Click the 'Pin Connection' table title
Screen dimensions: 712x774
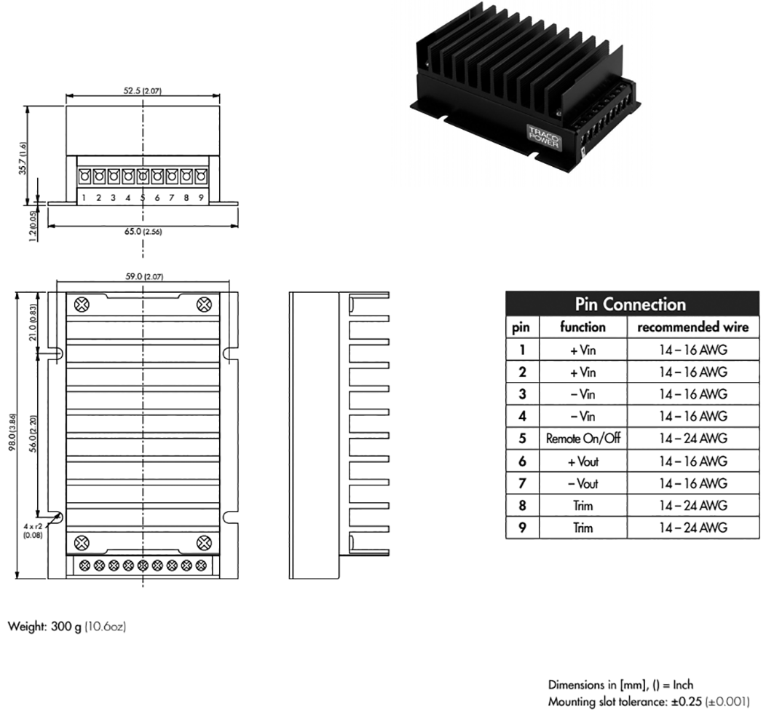(x=630, y=305)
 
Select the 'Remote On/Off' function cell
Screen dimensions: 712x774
(x=583, y=439)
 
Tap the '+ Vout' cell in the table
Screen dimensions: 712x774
(x=583, y=461)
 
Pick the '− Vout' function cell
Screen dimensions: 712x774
(x=583, y=483)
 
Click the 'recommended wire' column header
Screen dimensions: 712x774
(x=692, y=327)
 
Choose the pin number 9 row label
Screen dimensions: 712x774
(x=522, y=528)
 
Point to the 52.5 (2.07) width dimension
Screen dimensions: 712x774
(x=142, y=90)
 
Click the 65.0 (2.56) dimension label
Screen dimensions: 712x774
(x=142, y=231)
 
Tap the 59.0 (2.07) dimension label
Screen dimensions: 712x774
(x=142, y=277)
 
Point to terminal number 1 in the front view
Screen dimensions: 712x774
(x=84, y=197)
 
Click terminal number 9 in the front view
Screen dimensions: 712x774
(x=200, y=197)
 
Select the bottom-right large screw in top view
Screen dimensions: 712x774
(x=204, y=542)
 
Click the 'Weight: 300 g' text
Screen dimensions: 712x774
(x=66, y=626)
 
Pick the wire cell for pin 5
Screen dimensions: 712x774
(x=692, y=439)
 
